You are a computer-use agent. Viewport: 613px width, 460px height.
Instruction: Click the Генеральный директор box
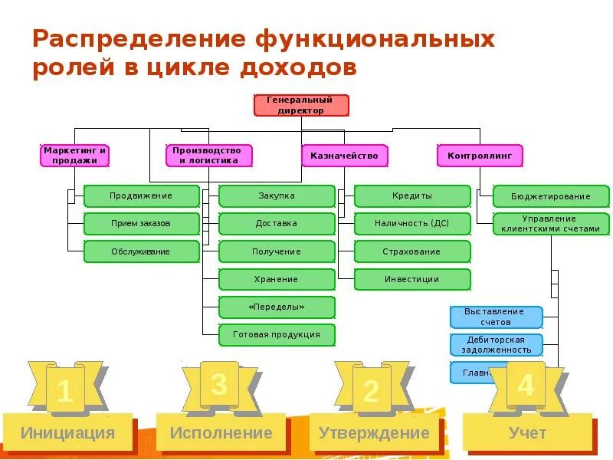click(x=300, y=105)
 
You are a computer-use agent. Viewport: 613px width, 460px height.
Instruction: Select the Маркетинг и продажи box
click(x=75, y=156)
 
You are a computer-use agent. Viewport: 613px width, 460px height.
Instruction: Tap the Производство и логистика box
click(x=208, y=156)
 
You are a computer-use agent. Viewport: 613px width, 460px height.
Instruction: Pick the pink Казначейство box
click(x=344, y=156)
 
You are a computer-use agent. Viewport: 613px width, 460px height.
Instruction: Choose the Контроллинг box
click(x=480, y=156)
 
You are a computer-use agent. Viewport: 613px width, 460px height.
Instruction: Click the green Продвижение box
click(x=141, y=196)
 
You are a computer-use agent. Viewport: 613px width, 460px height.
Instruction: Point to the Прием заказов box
click(x=141, y=224)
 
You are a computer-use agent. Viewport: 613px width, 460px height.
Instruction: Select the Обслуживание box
click(x=141, y=251)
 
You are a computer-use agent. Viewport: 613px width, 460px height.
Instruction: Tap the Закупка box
click(x=277, y=196)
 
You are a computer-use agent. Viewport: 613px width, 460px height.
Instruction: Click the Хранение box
click(x=277, y=279)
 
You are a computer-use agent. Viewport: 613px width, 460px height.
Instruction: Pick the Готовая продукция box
click(x=277, y=334)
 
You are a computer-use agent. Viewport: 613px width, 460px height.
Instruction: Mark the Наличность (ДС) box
click(x=412, y=224)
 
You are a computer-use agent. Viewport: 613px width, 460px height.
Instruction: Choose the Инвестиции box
click(x=412, y=279)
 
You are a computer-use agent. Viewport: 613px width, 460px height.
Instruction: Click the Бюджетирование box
click(x=550, y=196)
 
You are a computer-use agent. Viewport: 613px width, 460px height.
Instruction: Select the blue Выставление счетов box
click(x=495, y=317)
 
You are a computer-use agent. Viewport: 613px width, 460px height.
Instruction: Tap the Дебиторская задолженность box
click(x=495, y=344)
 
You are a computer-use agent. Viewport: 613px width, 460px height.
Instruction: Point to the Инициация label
click(x=68, y=433)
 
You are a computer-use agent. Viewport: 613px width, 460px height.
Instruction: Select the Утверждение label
click(x=374, y=433)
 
